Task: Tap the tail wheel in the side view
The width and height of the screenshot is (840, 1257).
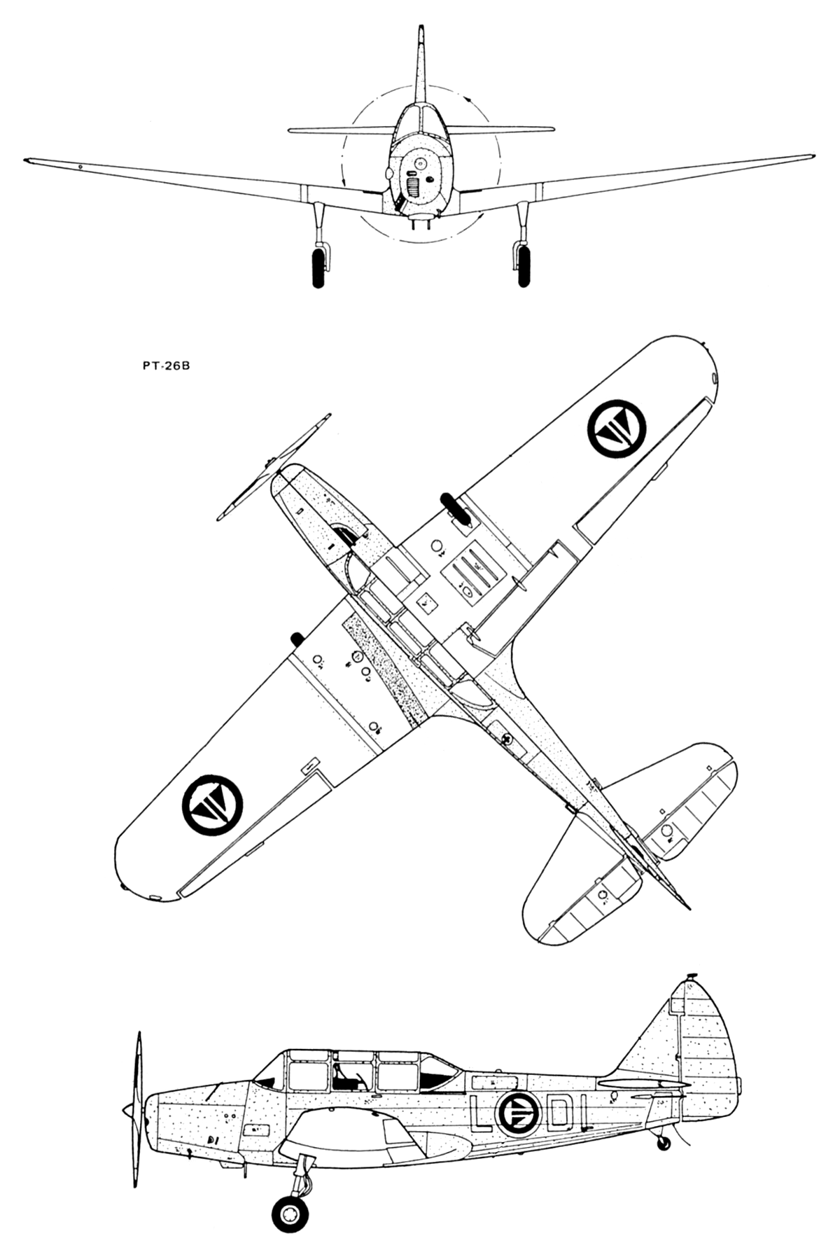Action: click(x=663, y=1142)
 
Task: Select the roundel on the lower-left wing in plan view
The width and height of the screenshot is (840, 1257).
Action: click(x=212, y=805)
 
